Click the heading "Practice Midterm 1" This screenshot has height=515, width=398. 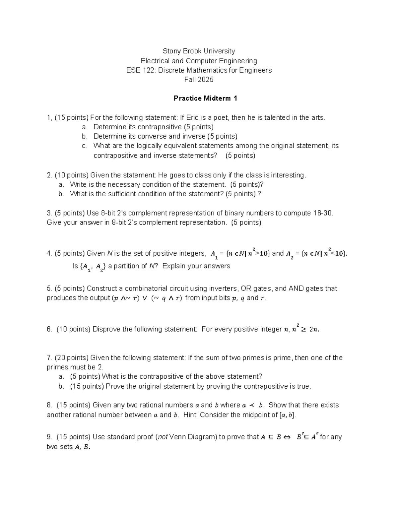[x=205, y=98]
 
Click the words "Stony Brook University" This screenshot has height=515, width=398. [x=199, y=51]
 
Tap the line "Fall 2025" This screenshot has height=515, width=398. [x=199, y=80]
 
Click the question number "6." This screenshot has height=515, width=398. [x=50, y=329]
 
